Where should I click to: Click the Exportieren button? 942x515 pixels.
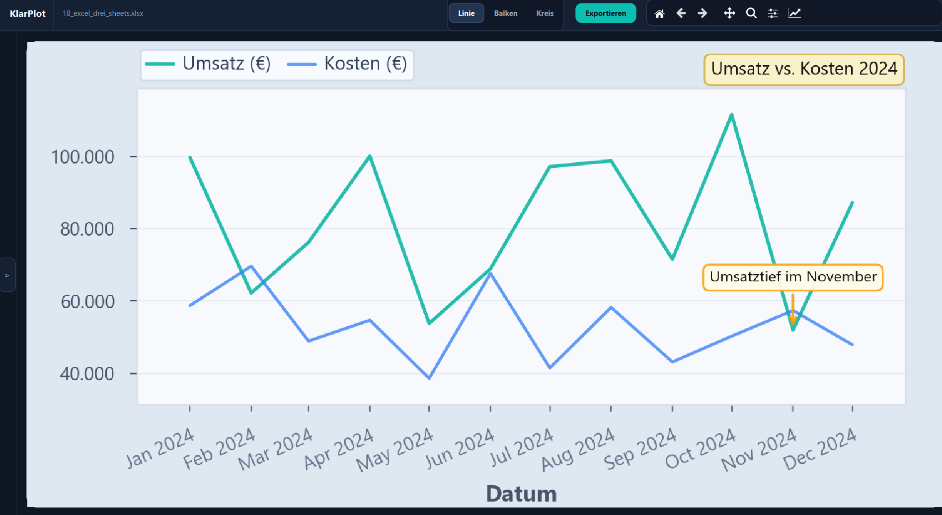[605, 13]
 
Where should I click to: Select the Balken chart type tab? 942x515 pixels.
[505, 13]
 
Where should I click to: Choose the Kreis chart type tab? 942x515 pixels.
[545, 13]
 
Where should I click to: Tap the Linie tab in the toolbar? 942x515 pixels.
[466, 13]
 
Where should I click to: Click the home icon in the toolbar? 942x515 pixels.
[659, 13]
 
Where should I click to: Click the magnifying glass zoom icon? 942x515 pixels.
[751, 13]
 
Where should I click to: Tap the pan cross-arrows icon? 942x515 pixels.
[729, 13]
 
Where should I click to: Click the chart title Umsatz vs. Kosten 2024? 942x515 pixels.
[804, 69]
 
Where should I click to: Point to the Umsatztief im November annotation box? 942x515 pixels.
[792, 277]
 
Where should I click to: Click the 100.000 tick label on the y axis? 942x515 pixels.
[83, 157]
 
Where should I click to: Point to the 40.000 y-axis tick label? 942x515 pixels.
[87, 374]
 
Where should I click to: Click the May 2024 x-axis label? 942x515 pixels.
[394, 449]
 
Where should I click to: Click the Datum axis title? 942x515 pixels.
[521, 494]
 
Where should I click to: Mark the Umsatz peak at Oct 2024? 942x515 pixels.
[732, 115]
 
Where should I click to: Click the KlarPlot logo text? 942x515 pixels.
[28, 13]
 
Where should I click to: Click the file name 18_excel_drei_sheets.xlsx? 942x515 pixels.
[103, 13]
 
